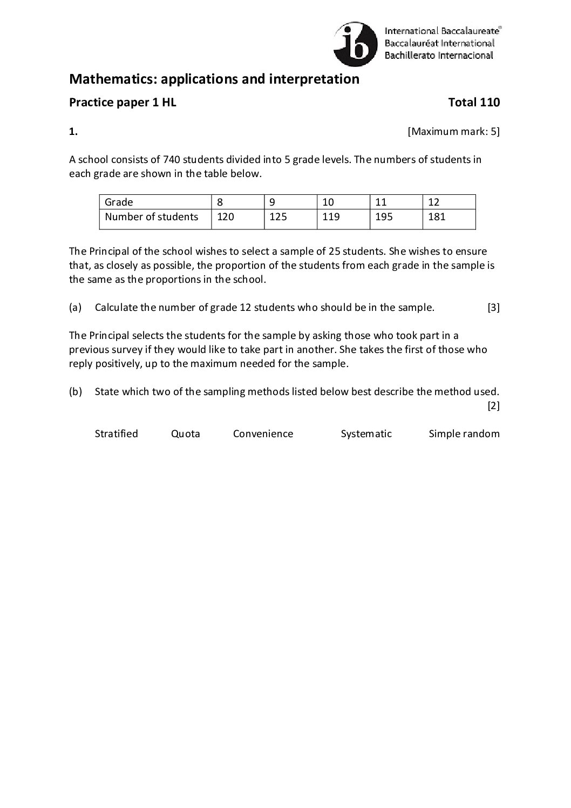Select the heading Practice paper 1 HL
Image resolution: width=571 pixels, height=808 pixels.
pyautogui.click(x=123, y=103)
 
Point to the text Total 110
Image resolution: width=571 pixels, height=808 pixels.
pyautogui.click(x=474, y=103)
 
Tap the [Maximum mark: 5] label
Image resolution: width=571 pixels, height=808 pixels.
pyautogui.click(x=453, y=131)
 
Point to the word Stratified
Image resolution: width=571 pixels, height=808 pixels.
pyautogui.click(x=116, y=434)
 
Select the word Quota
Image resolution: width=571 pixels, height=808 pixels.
pyautogui.click(x=185, y=434)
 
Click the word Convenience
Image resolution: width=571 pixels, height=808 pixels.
pyautogui.click(x=263, y=434)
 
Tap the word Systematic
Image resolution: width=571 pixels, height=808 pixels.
pyautogui.click(x=366, y=434)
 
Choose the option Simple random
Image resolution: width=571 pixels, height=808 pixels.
pyautogui.click(x=464, y=434)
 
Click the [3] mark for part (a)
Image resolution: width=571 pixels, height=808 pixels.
pyautogui.click(x=493, y=308)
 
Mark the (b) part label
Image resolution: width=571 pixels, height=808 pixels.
pyautogui.click(x=75, y=392)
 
